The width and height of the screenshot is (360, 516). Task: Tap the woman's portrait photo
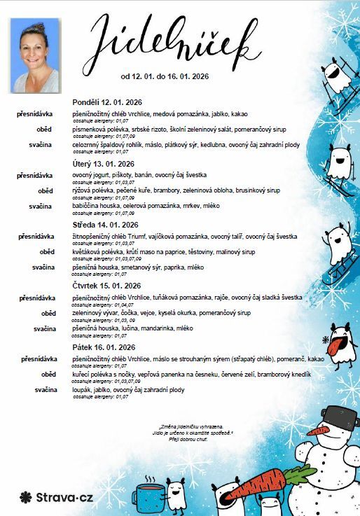[x=35, y=55]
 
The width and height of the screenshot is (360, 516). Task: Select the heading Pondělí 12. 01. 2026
[x=107, y=102]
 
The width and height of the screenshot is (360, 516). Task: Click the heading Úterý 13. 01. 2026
[x=104, y=163]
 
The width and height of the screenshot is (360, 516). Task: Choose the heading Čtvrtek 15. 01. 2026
[x=107, y=286]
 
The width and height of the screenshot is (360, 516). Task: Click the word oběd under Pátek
[x=48, y=375]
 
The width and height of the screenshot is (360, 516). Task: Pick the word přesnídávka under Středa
[x=36, y=237]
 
